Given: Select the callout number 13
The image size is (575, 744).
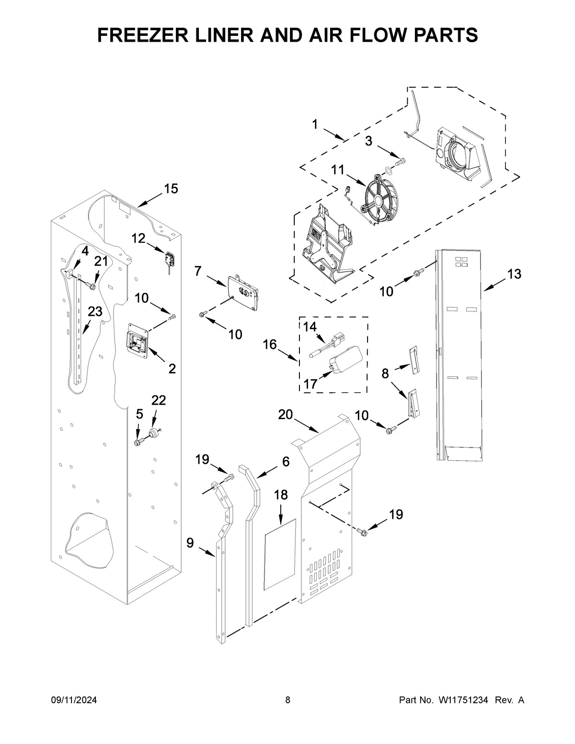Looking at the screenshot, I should click(514, 275).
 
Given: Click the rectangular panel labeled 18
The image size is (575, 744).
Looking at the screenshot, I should click(280, 553).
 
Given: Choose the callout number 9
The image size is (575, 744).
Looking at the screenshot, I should click(190, 543).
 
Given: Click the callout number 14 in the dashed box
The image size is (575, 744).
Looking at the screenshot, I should click(310, 327).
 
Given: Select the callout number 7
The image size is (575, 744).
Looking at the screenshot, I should click(198, 271).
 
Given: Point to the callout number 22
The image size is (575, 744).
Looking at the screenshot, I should click(159, 400).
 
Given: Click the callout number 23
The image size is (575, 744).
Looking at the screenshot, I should click(95, 311).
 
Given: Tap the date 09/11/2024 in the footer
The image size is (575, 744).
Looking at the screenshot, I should click(74, 700).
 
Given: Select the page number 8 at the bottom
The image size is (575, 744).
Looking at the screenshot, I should click(287, 700).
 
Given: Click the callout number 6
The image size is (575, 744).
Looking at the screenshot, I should click(286, 461).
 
